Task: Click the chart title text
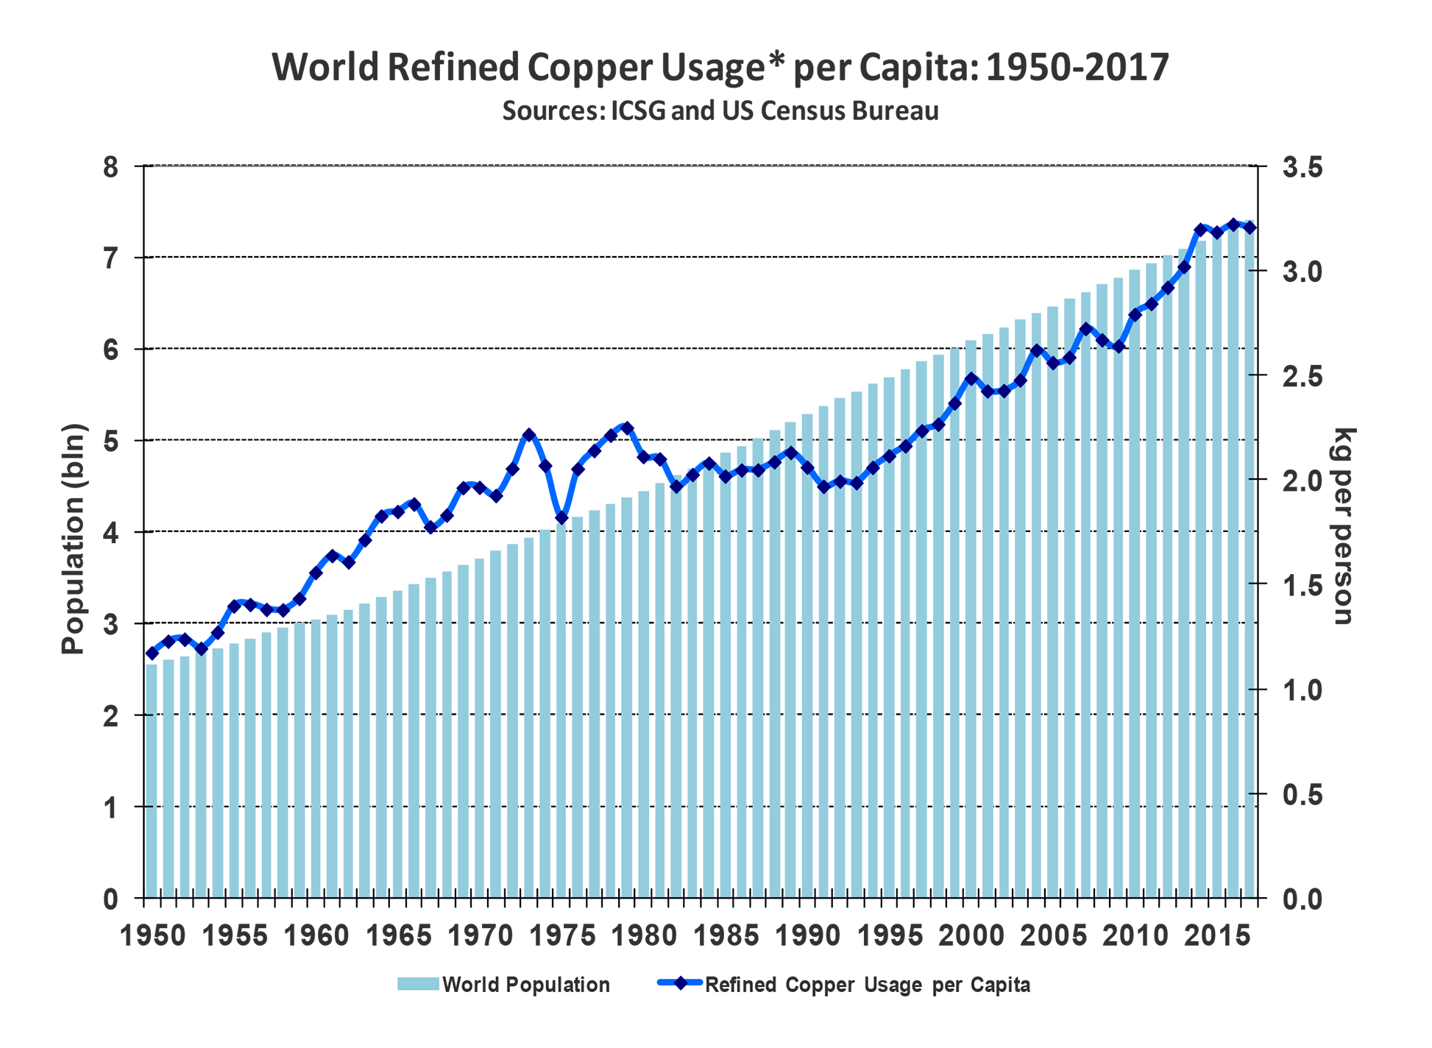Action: tap(720, 67)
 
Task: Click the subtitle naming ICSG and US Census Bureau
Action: tap(720, 110)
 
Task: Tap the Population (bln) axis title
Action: tap(74, 539)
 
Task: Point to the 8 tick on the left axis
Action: tap(110, 167)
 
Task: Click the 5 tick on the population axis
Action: tap(110, 441)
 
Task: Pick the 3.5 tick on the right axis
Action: tap(1302, 167)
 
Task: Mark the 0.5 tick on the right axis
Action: tap(1302, 795)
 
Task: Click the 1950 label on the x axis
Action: tap(152, 936)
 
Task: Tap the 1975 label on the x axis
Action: tap(562, 936)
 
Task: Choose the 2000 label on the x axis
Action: tap(971, 936)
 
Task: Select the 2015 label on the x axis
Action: tap(1217, 936)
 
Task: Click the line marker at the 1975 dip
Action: tap(561, 517)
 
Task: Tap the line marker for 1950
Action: tap(152, 653)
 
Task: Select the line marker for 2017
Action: tap(1250, 227)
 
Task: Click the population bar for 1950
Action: tap(152, 780)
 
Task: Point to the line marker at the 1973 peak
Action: tap(529, 435)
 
